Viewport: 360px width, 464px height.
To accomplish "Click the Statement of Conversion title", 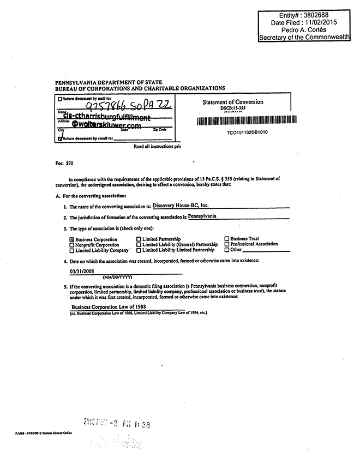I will (x=233, y=102).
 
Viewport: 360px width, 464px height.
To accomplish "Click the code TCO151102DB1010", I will (x=247, y=132).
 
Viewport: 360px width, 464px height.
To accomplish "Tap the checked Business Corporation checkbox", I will (x=72, y=239).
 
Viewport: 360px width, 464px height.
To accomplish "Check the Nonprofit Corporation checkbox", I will (x=72, y=245).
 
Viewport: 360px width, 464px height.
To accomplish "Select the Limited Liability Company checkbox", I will (x=72, y=250).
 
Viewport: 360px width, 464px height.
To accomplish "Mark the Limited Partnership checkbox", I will (x=139, y=239).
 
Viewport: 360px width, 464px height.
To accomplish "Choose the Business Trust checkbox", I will (x=226, y=239).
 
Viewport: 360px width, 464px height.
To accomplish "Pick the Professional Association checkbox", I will (x=226, y=244).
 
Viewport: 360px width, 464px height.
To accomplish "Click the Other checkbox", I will (x=226, y=250).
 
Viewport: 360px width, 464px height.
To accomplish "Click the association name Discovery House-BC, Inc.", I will (x=181, y=206).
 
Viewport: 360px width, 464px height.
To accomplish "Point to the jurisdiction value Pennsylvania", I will (x=202, y=216).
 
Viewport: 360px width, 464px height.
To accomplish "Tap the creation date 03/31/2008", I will (x=82, y=272).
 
